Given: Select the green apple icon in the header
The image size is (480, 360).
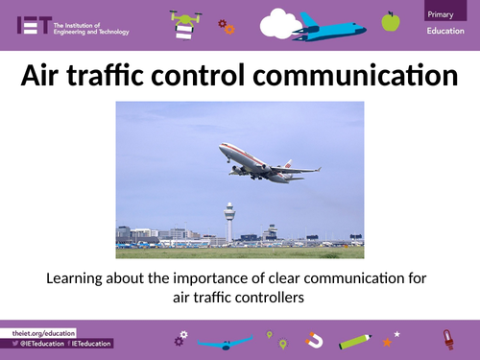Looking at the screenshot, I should (390, 21).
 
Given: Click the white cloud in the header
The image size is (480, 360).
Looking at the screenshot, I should (280, 21).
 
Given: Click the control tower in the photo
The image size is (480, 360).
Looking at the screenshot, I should (228, 220).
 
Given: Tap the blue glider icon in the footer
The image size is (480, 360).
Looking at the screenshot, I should (227, 341).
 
